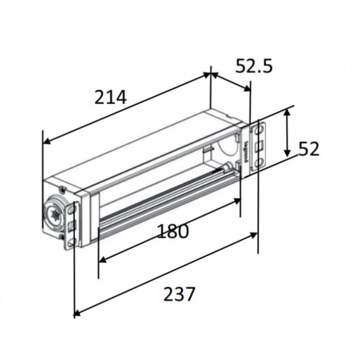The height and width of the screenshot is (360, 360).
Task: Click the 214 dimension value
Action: tap(111, 98)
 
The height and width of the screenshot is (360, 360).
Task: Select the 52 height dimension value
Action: tap(309, 149)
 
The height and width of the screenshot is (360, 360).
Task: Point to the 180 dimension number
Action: tap(172, 231)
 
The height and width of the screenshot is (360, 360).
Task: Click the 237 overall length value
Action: tap(179, 294)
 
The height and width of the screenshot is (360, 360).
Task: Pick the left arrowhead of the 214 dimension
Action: tap(47, 140)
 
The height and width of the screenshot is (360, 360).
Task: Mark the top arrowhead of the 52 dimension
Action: tap(286, 112)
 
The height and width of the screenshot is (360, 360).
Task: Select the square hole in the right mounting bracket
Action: tap(258, 147)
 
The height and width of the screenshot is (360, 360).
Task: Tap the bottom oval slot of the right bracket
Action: tap(258, 163)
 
